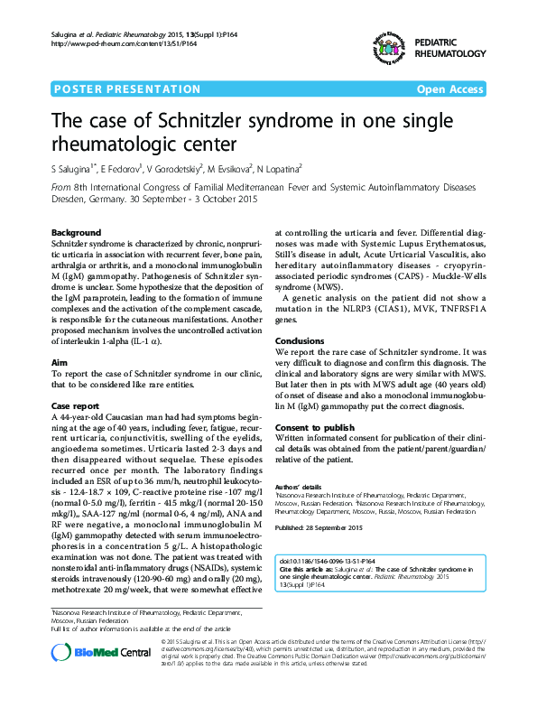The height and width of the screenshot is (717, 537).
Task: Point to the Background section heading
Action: click(x=76, y=232)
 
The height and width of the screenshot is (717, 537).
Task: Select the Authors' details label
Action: click(x=298, y=486)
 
